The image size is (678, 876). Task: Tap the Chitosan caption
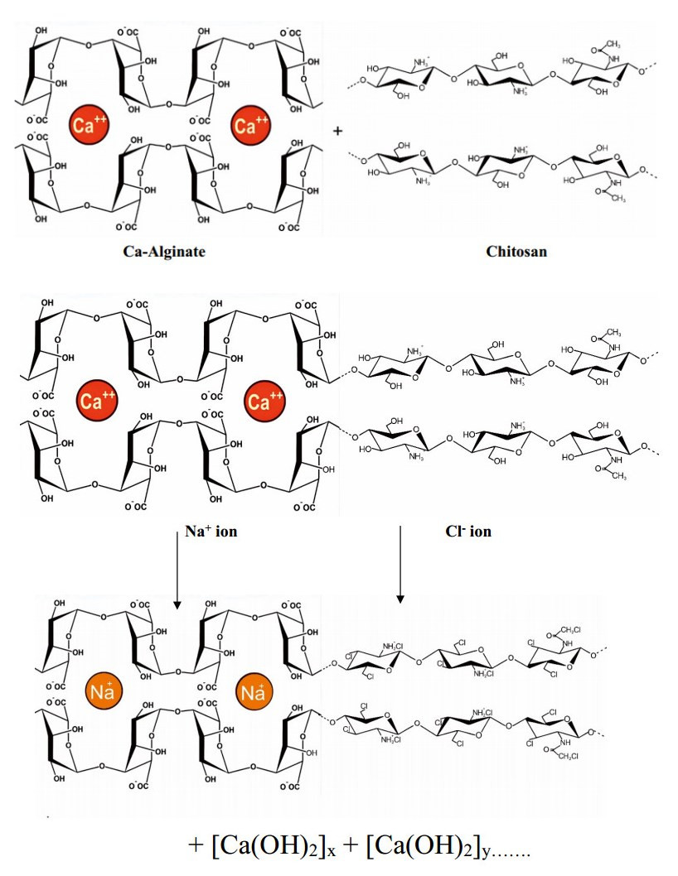coord(518,252)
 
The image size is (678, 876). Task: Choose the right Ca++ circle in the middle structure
coord(265,402)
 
